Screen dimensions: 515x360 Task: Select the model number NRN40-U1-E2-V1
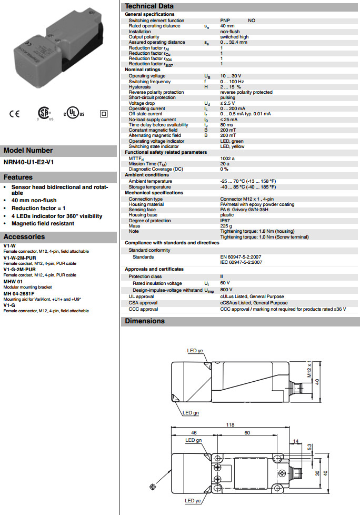pos(28,162)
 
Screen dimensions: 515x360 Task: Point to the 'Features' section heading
pos(18,177)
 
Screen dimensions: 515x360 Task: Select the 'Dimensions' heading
pos(145,321)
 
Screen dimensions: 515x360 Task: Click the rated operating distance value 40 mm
pos(227,26)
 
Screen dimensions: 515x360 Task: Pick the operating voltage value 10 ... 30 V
pos(231,76)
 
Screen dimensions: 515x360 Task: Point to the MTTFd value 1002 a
pos(227,158)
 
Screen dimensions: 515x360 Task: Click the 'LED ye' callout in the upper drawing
pos(195,351)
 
